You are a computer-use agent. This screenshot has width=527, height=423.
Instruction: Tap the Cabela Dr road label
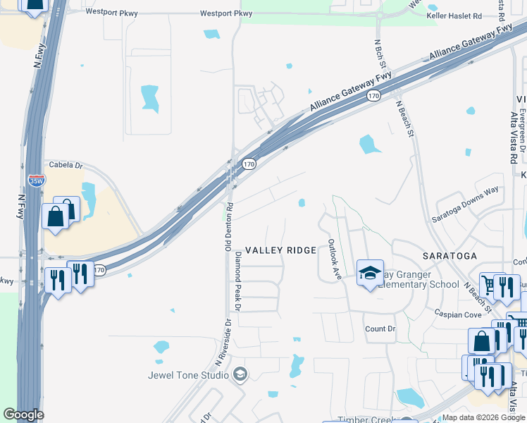point(66,166)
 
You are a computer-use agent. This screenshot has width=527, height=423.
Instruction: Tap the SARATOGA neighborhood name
point(449,255)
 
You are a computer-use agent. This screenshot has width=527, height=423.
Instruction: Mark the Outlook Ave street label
point(333,260)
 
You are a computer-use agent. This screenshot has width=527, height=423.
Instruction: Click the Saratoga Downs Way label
point(464,204)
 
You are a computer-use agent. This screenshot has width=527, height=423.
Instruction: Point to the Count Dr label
point(380,329)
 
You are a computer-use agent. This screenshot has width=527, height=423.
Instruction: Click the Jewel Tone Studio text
point(188,375)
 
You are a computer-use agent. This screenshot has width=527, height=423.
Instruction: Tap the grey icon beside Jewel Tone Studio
point(240,374)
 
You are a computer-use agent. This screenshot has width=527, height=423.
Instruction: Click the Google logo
point(23,415)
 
